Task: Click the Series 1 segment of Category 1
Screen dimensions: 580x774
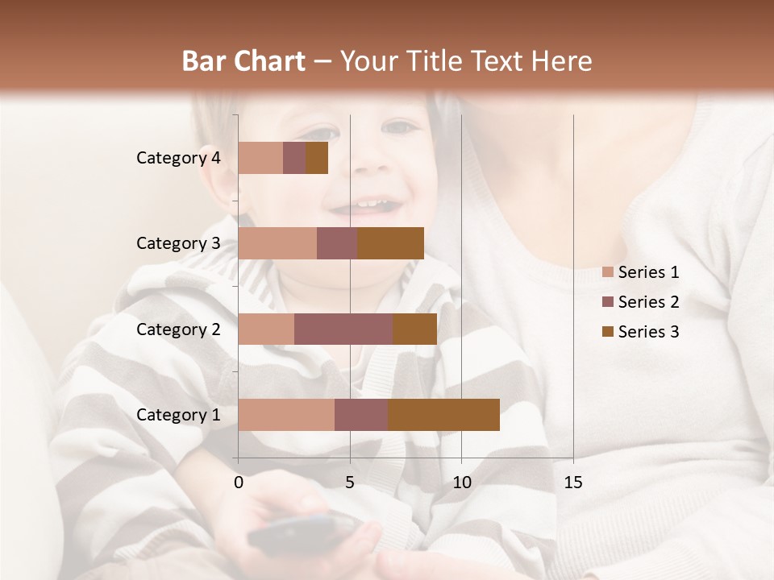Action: tap(286, 415)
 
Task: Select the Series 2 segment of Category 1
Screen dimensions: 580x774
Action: tap(361, 415)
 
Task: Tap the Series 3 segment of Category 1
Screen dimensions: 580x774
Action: tap(443, 415)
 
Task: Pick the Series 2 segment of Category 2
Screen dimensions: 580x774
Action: tap(343, 329)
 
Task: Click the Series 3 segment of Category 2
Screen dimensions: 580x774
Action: tap(414, 329)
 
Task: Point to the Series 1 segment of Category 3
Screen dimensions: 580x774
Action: tap(277, 243)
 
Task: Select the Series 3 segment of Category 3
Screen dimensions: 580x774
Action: tap(390, 243)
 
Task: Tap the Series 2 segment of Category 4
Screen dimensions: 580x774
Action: tap(294, 158)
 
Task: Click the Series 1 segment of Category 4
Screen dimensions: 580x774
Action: tap(260, 158)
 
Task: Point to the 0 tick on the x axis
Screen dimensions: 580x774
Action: tap(239, 483)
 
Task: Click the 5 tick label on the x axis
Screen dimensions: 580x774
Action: tap(350, 483)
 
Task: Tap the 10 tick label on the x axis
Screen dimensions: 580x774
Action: tap(461, 483)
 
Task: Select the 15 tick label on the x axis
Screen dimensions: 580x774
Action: tap(573, 483)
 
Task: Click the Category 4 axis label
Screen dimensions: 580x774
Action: tap(178, 158)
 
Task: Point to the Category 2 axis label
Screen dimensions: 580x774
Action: tap(178, 329)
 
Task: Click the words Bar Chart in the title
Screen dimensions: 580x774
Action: tap(243, 61)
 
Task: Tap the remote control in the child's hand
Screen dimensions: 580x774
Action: tap(302, 530)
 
